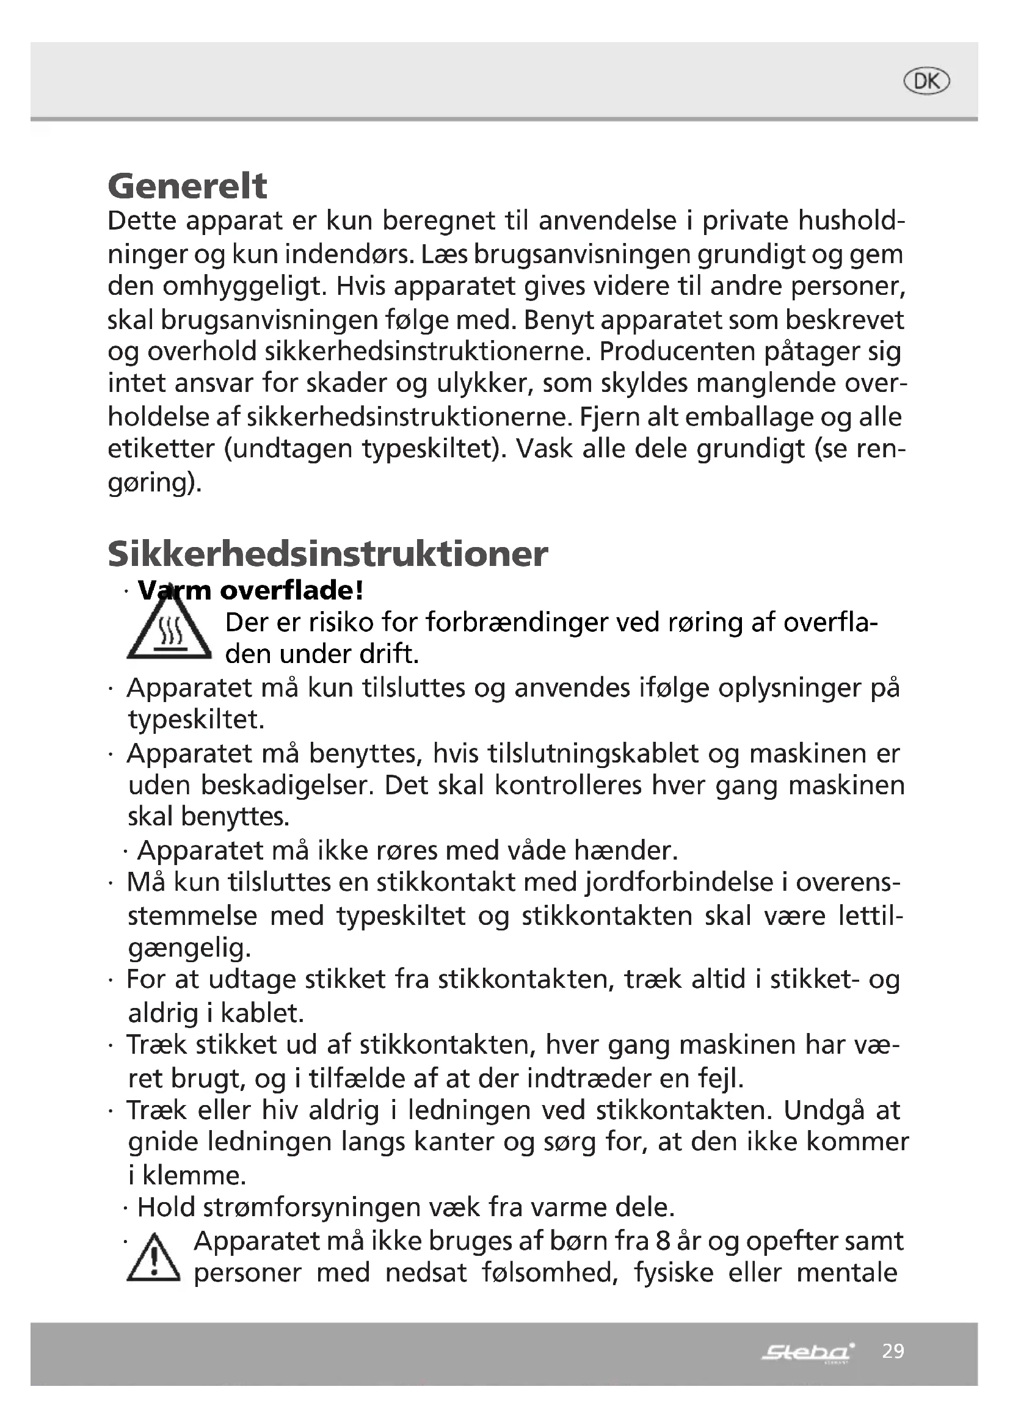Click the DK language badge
pyautogui.click(x=926, y=81)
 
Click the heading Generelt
pyautogui.click(x=187, y=186)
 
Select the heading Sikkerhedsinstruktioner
pyautogui.click(x=328, y=554)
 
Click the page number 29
pyautogui.click(x=893, y=1351)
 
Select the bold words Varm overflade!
pyautogui.click(x=250, y=590)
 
